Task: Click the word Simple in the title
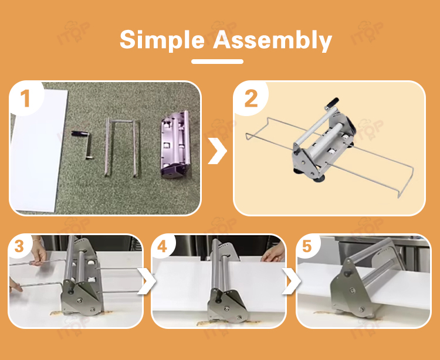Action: (x=162, y=40)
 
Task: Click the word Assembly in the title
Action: (x=272, y=40)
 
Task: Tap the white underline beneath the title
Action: (x=217, y=62)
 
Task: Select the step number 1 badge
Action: (x=25, y=99)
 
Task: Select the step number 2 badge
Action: (x=251, y=99)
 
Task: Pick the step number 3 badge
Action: (x=19, y=246)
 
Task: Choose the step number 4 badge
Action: (x=163, y=246)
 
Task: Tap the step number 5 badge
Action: (x=307, y=246)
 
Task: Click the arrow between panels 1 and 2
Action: (x=217, y=151)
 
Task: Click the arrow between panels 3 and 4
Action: (x=147, y=281)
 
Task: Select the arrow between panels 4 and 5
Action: (x=292, y=281)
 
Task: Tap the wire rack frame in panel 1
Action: (x=107, y=148)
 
